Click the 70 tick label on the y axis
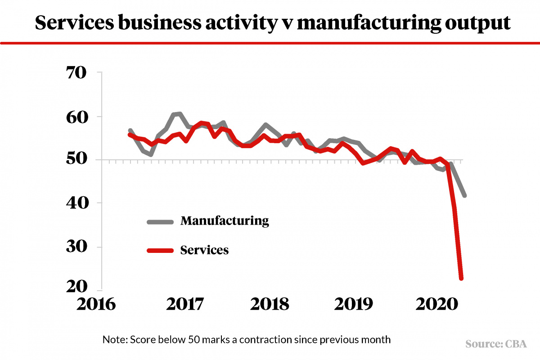click(80, 72)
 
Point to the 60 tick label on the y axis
click(80, 117)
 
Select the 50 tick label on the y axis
click(80, 160)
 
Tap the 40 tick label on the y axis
click(80, 203)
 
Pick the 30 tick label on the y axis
click(80, 247)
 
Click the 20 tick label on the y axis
click(80, 287)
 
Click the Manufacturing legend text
click(225, 221)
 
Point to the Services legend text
click(204, 250)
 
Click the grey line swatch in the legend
click(160, 221)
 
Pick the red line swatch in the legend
click(160, 251)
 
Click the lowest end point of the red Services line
click(461, 279)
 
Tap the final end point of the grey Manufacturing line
click(464, 195)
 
